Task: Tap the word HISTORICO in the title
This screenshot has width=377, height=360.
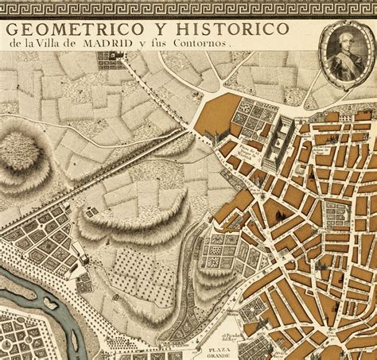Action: [227, 29]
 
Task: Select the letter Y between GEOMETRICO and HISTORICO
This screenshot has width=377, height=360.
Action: [147, 29]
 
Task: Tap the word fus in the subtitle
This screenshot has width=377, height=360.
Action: [173, 45]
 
